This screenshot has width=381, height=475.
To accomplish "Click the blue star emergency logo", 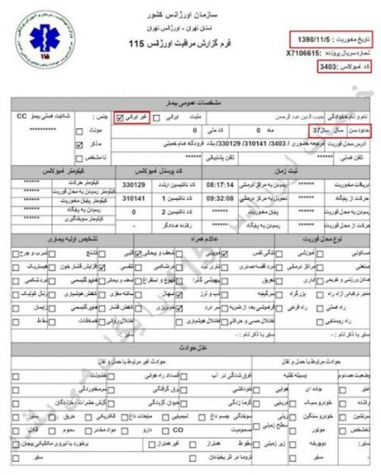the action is tap(40, 43).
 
